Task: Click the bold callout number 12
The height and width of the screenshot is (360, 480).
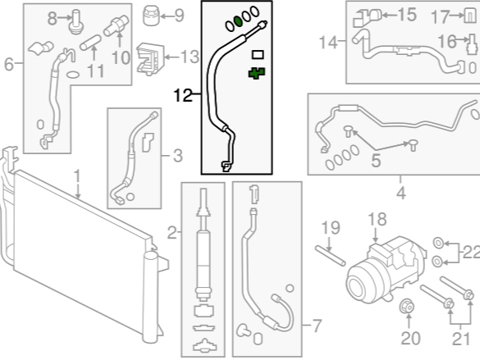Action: pyautogui.click(x=183, y=95)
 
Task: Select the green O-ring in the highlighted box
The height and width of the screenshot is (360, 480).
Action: pyautogui.click(x=238, y=21)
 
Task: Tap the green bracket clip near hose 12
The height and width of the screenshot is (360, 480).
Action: pyautogui.click(x=257, y=73)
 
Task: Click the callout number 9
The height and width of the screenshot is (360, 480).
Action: pyautogui.click(x=179, y=16)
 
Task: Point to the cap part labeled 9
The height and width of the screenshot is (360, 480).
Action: pyautogui.click(x=151, y=16)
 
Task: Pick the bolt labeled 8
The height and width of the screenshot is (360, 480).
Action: pyautogui.click(x=75, y=21)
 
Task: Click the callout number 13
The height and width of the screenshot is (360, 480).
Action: pyautogui.click(x=190, y=57)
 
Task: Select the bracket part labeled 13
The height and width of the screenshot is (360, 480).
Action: pyautogui.click(x=150, y=59)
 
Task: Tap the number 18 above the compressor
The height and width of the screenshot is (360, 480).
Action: pyautogui.click(x=377, y=220)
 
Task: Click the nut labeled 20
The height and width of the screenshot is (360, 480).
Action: pyautogui.click(x=408, y=306)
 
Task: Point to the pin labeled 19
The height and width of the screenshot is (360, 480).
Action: pyautogui.click(x=331, y=256)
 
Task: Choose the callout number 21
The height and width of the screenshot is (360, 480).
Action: pyautogui.click(x=461, y=339)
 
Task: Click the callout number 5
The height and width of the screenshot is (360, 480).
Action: pyautogui.click(x=376, y=161)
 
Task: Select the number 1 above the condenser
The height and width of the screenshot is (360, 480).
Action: pyautogui.click(x=77, y=177)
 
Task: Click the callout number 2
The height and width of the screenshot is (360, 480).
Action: pyautogui.click(x=172, y=234)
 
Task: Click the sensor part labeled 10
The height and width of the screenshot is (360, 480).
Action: pyautogui.click(x=117, y=25)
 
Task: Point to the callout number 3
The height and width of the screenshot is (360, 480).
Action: pyautogui.click(x=178, y=156)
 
